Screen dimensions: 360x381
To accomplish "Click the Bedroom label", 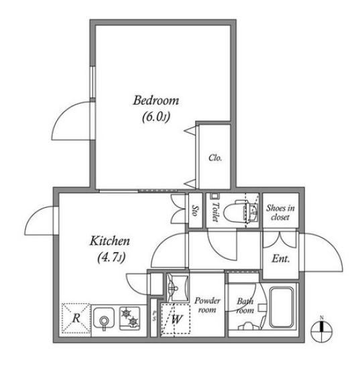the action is tap(156, 101).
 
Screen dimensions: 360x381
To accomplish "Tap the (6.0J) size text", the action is tap(156, 117).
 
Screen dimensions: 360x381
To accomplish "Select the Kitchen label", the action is tap(110, 241).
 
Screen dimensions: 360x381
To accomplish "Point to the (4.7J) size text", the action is tap(111, 258).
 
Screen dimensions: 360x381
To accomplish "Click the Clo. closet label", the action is tap(215, 158).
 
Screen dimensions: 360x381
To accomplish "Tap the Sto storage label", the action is tap(195, 211).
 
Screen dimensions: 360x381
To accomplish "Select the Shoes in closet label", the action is tap(280, 213).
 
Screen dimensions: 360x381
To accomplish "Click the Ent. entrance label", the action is tap(281, 258).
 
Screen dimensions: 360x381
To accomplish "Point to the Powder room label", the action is tap(207, 305).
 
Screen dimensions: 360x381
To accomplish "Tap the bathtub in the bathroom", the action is tap(282, 307).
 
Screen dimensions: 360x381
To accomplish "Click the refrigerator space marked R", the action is tap(76, 318).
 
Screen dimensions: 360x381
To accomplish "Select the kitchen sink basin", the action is tap(104, 318).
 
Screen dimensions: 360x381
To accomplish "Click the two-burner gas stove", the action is tap(129, 319).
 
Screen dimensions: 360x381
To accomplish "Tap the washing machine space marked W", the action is tap(176, 319).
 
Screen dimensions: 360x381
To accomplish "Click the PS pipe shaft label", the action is tap(154, 316).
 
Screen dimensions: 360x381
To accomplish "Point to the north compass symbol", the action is tap(322, 330).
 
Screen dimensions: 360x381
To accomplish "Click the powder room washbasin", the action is tap(178, 288).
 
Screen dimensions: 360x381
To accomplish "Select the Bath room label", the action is tap(245, 306).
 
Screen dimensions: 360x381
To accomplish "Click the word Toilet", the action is tap(215, 212).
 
